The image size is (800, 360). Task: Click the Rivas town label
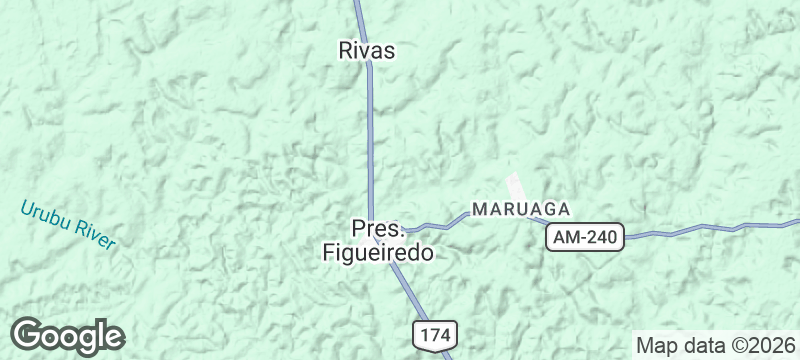(x=367, y=49)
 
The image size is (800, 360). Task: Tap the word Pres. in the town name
(x=375, y=229)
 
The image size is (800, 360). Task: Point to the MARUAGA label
(x=520, y=210)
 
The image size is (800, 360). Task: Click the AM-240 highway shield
(x=585, y=237)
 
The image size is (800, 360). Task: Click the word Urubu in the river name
(x=43, y=214)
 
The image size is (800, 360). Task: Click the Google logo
(x=67, y=336)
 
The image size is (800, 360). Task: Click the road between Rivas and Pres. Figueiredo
(x=370, y=140)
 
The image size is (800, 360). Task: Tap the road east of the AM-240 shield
(x=700, y=228)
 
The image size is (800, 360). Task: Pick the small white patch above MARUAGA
(x=516, y=186)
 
